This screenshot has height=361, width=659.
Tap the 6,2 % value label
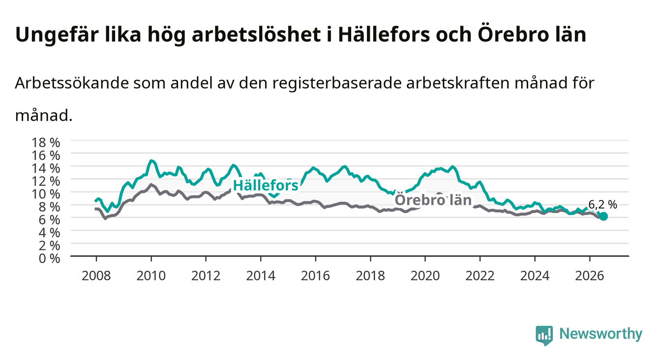point(602,205)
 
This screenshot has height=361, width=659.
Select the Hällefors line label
point(266,185)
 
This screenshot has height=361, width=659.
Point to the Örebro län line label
point(433,200)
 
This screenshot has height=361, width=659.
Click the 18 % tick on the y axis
point(46,143)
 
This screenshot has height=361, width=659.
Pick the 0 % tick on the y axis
point(49,259)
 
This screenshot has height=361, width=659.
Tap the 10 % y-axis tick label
point(46,194)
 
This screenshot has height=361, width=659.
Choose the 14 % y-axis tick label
point(46,169)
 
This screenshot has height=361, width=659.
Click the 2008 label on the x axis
point(96,276)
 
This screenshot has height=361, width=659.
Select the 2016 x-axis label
point(315,276)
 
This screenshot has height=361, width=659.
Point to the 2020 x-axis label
point(425,276)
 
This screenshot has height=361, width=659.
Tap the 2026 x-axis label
point(590,276)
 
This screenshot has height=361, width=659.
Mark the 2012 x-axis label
point(206,276)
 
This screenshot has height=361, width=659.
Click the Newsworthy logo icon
point(544,335)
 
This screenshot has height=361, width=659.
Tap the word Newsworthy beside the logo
point(601,334)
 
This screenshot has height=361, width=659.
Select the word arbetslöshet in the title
point(256,34)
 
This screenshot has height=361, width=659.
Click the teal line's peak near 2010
point(151,161)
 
